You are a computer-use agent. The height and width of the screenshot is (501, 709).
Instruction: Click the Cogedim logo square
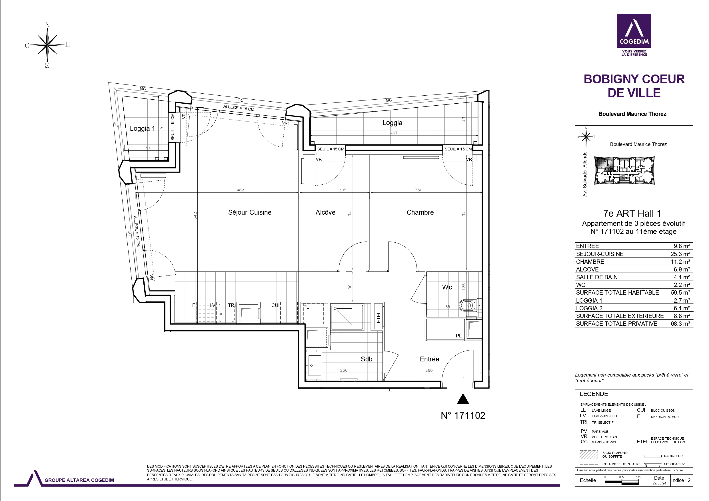[634, 31]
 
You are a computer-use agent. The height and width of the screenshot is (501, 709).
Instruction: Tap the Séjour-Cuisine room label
[250, 212]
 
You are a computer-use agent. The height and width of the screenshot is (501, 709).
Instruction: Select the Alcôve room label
[325, 212]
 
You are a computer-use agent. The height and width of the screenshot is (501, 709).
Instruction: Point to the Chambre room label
[420, 212]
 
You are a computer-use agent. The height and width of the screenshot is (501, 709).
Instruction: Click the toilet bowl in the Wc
[468, 306]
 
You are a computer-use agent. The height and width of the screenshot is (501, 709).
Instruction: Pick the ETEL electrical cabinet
[378, 317]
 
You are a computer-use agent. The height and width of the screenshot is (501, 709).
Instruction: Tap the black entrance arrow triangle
[463, 399]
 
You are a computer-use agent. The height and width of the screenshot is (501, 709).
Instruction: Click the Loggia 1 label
[142, 128]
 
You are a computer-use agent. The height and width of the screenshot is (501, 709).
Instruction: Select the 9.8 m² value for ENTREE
[682, 246]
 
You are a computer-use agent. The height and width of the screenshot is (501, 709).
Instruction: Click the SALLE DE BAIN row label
[597, 277]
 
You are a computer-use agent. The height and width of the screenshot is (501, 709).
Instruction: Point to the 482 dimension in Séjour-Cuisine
[240, 190]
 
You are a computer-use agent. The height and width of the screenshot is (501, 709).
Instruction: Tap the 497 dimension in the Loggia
[394, 133]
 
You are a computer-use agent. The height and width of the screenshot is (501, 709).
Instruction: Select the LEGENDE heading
[594, 394]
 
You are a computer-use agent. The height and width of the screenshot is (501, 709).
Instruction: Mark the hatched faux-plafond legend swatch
[589, 455]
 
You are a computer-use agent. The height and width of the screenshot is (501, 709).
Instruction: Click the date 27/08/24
[659, 483]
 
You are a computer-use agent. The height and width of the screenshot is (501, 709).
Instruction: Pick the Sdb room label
[366, 359]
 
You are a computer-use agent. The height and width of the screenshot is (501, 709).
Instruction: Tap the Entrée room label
[430, 359]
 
